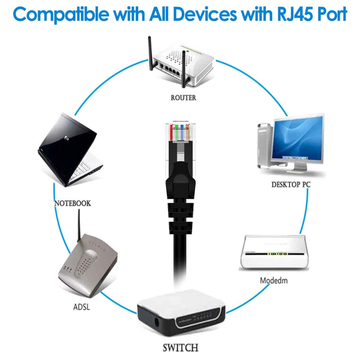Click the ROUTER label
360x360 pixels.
point(184,98)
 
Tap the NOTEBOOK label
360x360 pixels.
point(72,203)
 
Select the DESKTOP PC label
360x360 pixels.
point(291,185)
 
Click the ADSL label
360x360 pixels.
point(81,307)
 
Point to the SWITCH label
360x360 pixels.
point(180,348)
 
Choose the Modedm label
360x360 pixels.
point(274,280)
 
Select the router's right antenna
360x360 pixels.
point(184,68)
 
